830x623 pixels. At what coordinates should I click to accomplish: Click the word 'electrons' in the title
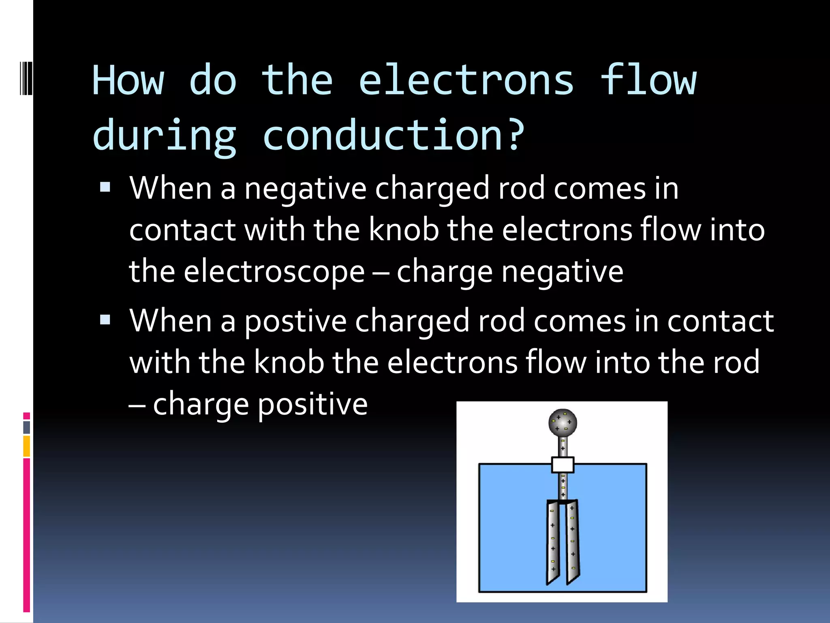pos(466,80)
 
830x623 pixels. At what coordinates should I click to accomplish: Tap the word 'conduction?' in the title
pos(394,135)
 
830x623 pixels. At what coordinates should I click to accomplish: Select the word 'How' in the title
pos(128,80)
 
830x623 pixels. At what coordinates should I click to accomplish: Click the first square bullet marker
pos(105,187)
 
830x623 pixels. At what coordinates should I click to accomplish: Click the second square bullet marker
pos(105,320)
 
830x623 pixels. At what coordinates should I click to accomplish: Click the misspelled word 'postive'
pos(295,321)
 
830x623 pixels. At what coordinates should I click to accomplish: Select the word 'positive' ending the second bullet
pos(312,404)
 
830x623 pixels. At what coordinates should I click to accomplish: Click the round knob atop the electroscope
pos(563,423)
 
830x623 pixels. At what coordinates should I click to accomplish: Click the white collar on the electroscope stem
pos(563,465)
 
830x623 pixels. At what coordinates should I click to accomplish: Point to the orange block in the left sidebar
pos(27,446)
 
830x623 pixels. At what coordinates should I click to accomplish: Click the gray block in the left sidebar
pos(27,427)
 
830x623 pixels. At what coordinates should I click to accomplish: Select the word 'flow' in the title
pos(648,80)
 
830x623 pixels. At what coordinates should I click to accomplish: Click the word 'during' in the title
pos(164,135)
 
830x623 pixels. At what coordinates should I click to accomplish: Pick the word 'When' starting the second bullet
pos(170,321)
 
